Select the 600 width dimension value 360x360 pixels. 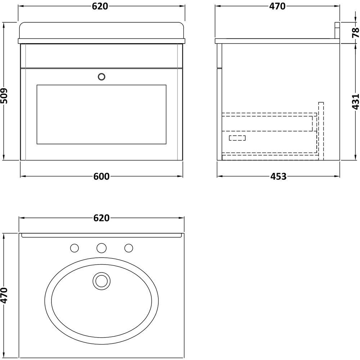point(102,176)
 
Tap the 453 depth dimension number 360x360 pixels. point(278,176)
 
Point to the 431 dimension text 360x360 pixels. point(355,102)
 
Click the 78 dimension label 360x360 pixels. point(355,33)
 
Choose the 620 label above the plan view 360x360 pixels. point(101,218)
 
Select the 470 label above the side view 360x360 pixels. point(277,6)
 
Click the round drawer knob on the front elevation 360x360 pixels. point(102,76)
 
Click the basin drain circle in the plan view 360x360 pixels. point(102,281)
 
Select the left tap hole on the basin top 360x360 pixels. point(75,248)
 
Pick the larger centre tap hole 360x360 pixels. point(102,248)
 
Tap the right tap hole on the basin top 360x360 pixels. point(129,248)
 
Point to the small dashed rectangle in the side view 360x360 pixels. point(237,138)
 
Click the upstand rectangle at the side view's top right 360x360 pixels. point(337,30)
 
